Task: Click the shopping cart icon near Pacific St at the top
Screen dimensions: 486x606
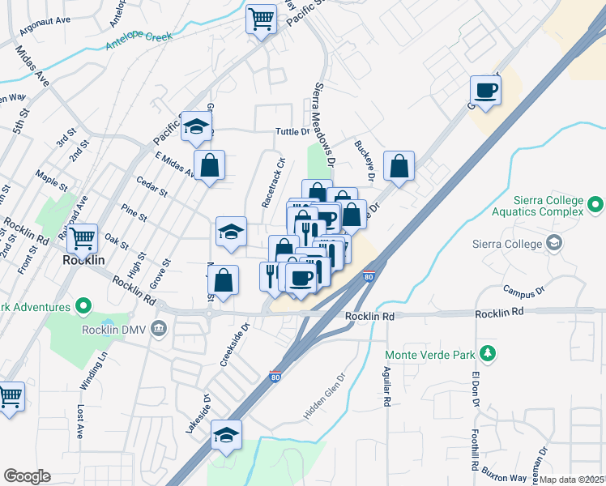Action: click(x=261, y=19)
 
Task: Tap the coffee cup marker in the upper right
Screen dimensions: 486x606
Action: click(x=486, y=90)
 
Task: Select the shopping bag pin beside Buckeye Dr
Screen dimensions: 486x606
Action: click(x=399, y=166)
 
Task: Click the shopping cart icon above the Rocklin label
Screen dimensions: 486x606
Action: click(x=82, y=238)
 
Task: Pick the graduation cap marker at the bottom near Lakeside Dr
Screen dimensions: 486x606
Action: click(x=227, y=435)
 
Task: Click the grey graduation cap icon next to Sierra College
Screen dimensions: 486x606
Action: click(x=554, y=242)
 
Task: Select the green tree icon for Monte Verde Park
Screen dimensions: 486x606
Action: click(x=487, y=353)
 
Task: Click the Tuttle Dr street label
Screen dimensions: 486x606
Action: click(x=292, y=131)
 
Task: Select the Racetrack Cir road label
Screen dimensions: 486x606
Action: click(x=275, y=179)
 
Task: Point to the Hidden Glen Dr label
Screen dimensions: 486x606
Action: click(x=323, y=397)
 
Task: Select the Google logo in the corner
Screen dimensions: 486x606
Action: click(x=28, y=475)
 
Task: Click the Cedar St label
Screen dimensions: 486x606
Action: click(x=151, y=187)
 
